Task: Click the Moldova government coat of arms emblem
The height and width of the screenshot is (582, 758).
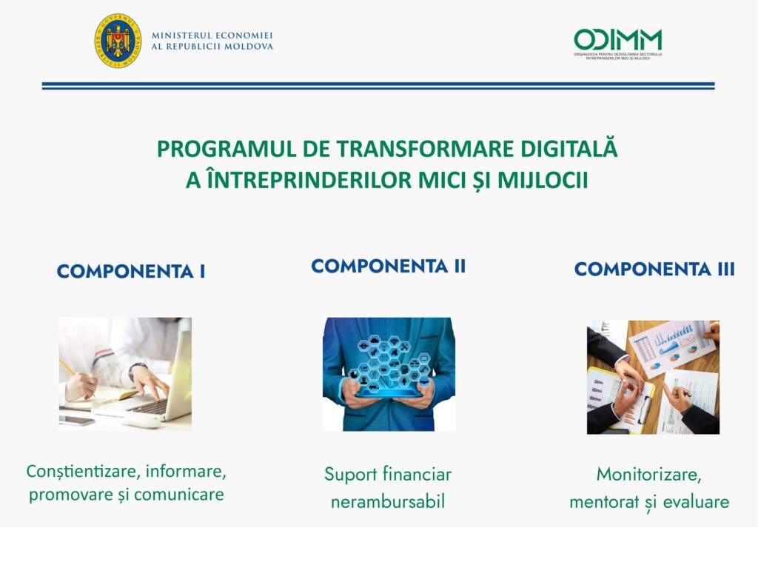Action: pos(117,41)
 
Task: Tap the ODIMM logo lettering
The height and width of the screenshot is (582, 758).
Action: pos(617,39)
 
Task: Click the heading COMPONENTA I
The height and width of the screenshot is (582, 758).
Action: pos(131,272)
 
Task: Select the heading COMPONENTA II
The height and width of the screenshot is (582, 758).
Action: pos(388,267)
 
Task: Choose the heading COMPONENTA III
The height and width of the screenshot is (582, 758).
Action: pos(654,270)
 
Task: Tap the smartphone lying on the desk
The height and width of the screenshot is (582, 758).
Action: pos(76,421)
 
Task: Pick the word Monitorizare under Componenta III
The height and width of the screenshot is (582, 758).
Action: pos(648,474)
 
